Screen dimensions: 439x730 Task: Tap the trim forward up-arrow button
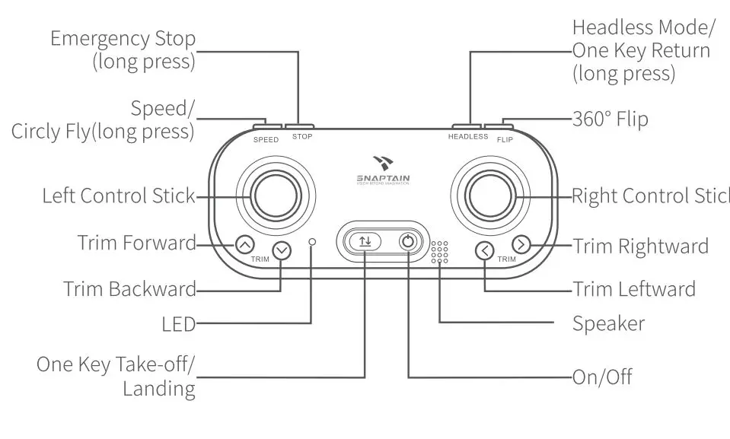coord(244,245)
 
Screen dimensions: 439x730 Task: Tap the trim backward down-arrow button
coord(282,250)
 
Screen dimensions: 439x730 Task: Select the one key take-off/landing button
coord(365,241)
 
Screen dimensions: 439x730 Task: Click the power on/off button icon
coord(409,241)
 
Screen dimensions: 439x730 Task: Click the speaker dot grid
coord(439,253)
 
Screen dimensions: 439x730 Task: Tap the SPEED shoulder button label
coord(266,140)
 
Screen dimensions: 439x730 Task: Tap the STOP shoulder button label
coord(302,137)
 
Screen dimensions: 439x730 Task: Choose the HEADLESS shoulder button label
coord(468,137)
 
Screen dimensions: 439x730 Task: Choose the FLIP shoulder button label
coord(505,140)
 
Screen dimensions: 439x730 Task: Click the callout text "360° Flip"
coord(610,119)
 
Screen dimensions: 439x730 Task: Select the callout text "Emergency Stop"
coord(123,39)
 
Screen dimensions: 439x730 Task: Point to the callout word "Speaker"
coord(608,323)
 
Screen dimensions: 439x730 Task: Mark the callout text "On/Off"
coord(602,377)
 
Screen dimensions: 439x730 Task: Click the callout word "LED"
coord(179,325)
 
